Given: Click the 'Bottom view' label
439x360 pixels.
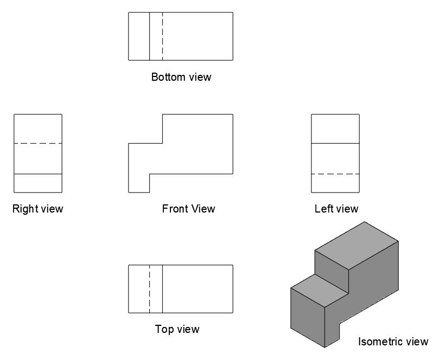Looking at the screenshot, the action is (x=181, y=77).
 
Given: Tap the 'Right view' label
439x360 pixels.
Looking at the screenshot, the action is (x=38, y=209).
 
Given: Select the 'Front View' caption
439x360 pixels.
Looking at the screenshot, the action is (x=188, y=209).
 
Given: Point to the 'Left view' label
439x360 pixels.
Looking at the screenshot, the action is (x=336, y=209).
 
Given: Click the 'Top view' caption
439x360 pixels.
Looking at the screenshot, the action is (x=177, y=329).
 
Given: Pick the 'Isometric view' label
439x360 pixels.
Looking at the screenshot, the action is (x=393, y=342).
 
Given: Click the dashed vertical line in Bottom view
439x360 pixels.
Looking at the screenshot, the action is (x=162, y=36).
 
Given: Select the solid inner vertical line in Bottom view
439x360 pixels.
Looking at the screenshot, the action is (x=150, y=36).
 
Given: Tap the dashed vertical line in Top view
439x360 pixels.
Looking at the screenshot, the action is (x=150, y=288).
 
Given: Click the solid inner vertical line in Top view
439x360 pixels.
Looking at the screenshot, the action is (x=162, y=288).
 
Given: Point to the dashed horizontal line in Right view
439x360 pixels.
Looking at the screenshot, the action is (x=38, y=144).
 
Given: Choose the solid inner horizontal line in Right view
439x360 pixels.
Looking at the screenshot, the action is (x=38, y=174).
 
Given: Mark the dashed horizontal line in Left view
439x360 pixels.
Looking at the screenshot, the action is (x=335, y=174).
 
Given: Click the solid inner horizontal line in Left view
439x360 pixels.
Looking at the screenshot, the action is (x=335, y=144).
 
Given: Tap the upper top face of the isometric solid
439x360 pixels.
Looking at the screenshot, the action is (x=357, y=246).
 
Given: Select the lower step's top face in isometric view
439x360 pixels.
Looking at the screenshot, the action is (x=320, y=291).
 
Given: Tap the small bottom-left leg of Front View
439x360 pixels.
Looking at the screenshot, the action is (x=139, y=183).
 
